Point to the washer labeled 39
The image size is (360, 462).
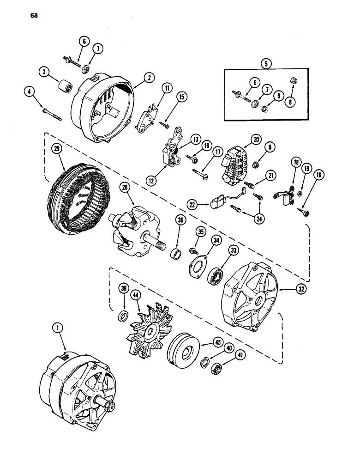(x=124, y=315)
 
